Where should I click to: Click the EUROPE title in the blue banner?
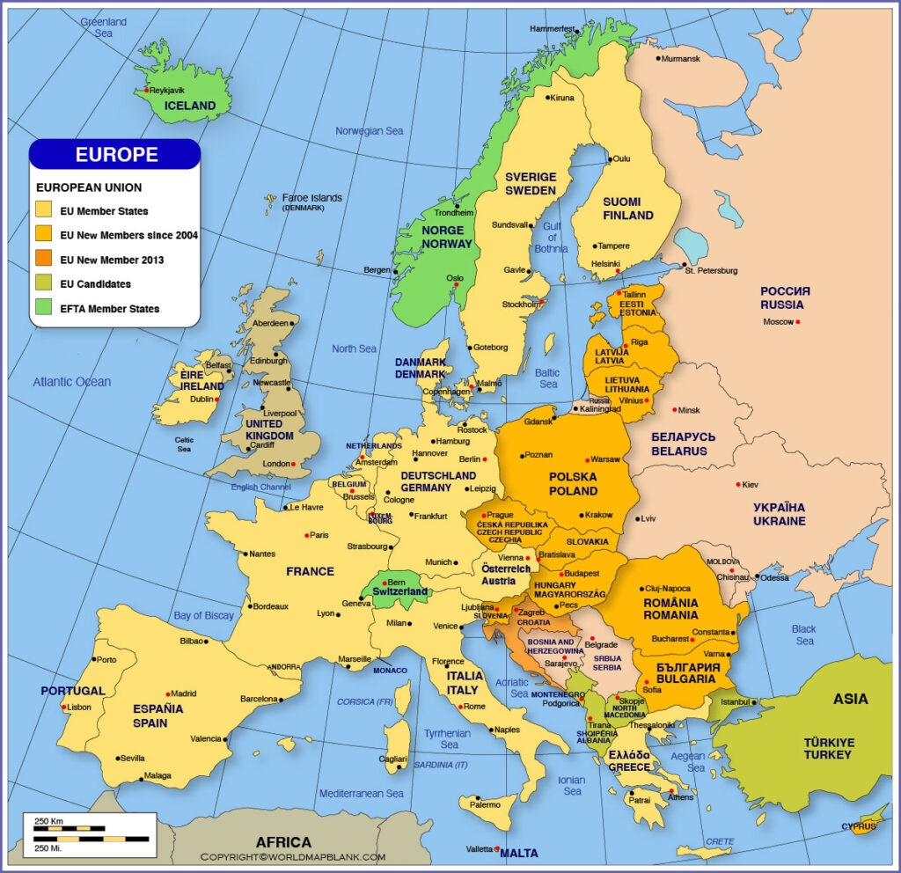[116, 155]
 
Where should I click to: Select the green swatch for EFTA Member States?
[43, 309]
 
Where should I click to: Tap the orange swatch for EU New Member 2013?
[43, 260]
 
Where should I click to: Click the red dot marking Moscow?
[798, 322]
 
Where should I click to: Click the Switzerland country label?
[399, 591]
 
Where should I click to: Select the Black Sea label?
[803, 635]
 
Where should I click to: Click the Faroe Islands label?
[311, 198]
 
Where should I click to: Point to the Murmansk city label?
[681, 58]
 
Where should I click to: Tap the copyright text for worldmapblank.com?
[293, 857]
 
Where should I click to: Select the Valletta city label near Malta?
[479, 849]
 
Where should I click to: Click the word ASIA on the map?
[850, 699]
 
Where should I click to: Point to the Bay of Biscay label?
[203, 615]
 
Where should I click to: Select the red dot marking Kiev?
[736, 485]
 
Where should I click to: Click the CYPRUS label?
[859, 826]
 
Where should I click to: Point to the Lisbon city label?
[79, 707]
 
